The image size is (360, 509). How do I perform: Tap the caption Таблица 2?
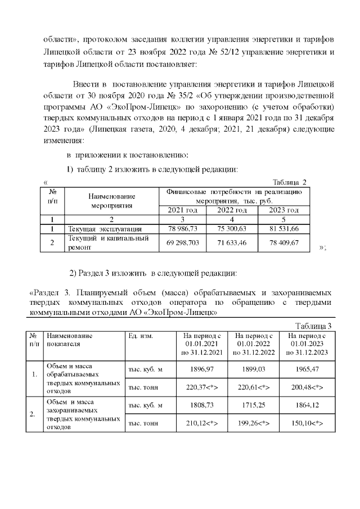tap(289, 182)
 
